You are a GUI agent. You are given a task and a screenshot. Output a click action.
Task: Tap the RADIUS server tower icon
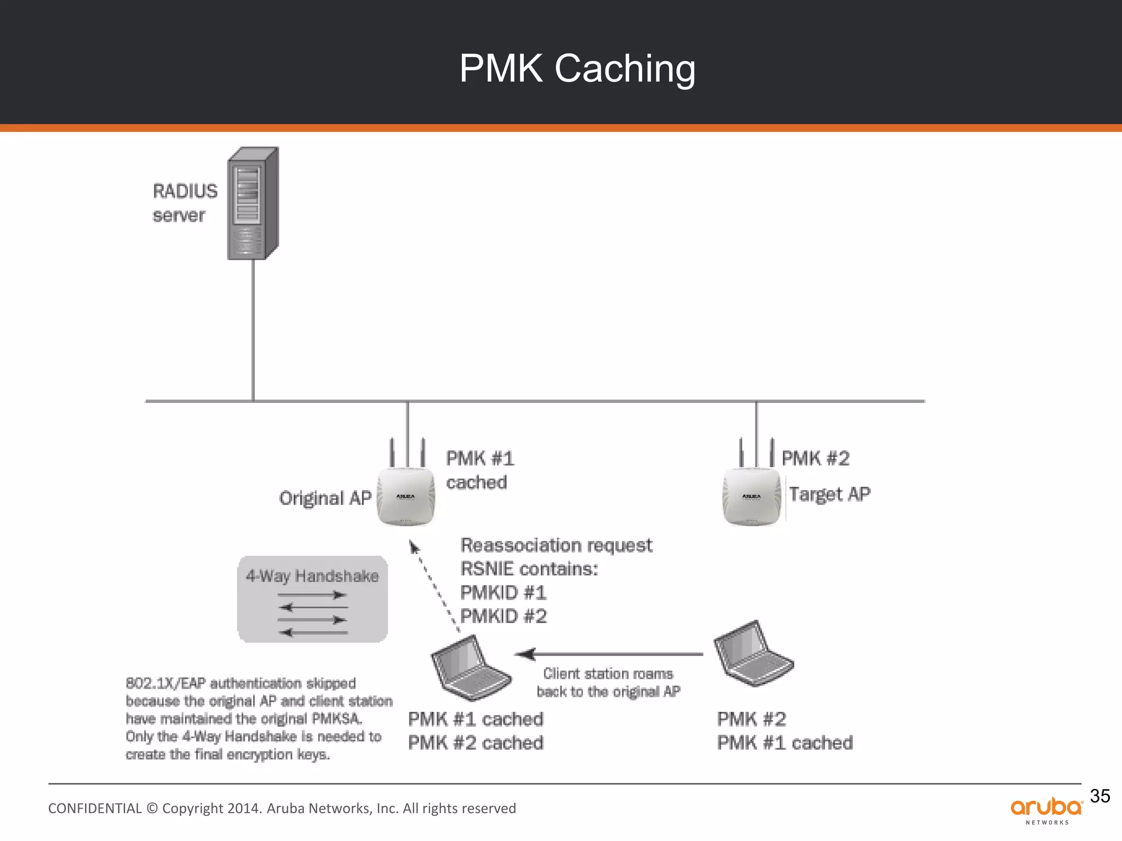(253, 204)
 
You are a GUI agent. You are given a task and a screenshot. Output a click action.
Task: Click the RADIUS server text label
(185, 203)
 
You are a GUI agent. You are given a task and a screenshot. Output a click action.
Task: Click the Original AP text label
(325, 498)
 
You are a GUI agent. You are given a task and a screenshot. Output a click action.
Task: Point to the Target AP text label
(829, 494)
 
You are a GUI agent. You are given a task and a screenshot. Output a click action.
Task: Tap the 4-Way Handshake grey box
(312, 599)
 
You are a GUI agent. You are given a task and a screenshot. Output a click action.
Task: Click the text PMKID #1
(503, 592)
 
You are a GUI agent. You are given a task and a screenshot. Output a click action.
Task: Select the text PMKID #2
(503, 617)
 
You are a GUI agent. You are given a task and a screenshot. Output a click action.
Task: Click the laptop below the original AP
(471, 668)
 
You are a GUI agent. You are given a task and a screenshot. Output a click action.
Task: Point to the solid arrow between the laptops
(608, 654)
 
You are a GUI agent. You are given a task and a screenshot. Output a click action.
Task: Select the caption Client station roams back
(608, 682)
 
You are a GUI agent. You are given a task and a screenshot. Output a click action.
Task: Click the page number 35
(1100, 796)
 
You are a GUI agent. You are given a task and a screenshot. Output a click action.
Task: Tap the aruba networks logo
(1046, 810)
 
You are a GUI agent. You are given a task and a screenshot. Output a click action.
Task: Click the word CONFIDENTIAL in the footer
(95, 809)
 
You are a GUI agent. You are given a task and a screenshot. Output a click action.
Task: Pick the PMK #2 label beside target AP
(815, 458)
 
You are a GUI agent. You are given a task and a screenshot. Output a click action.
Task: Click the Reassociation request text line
(556, 545)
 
